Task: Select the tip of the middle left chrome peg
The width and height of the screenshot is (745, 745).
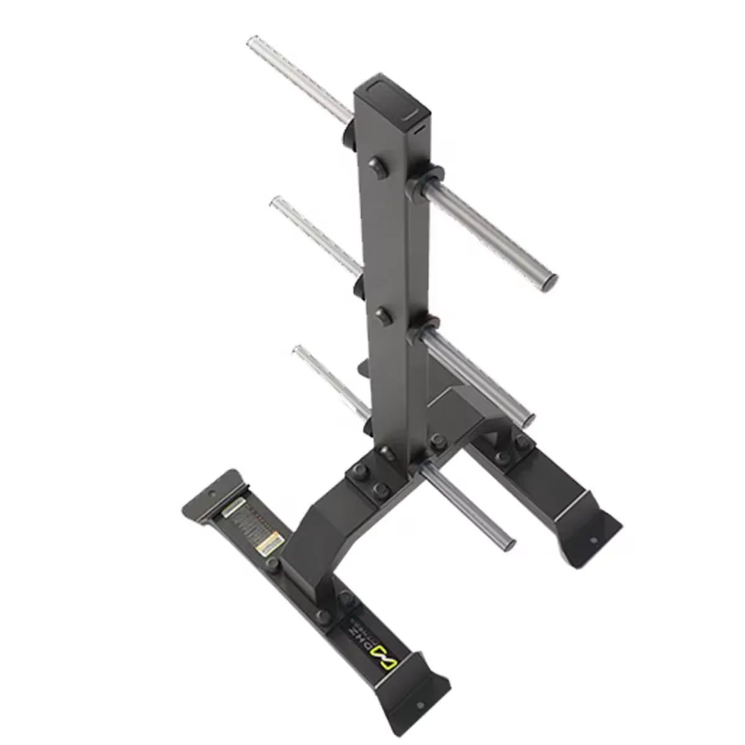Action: coord(275,203)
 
